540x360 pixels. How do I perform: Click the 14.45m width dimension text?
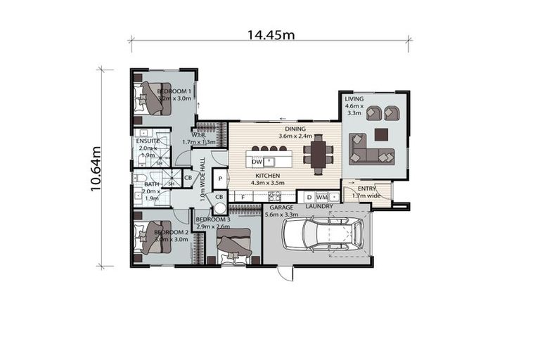[x=270, y=34]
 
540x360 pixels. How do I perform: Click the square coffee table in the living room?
[x=381, y=134]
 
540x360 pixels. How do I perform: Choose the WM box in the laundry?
[x=321, y=197]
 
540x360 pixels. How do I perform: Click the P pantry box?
[x=219, y=179]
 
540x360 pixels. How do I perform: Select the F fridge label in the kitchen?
[x=243, y=197]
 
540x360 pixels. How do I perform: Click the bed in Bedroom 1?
[x=153, y=98]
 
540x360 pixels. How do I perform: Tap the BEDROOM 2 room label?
[x=170, y=232]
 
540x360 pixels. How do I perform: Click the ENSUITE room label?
[x=148, y=141]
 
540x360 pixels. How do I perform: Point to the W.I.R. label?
[x=198, y=135]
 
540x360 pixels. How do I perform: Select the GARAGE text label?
[x=281, y=208]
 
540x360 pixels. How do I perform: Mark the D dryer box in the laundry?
[x=309, y=197]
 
